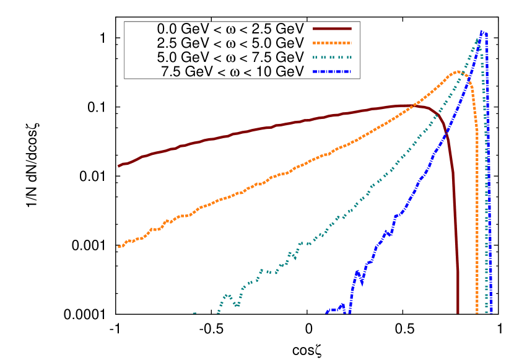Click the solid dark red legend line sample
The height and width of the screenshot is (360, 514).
(x=332, y=29)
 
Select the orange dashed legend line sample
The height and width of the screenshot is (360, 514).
(x=332, y=43)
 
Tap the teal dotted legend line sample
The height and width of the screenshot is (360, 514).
(x=332, y=58)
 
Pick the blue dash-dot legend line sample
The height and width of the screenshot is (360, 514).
(x=332, y=72)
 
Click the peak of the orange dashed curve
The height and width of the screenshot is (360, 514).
(x=458, y=72)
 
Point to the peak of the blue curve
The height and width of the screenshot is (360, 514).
(x=482, y=31)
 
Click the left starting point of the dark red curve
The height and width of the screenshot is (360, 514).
(x=119, y=166)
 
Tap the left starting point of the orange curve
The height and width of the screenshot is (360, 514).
(x=119, y=247)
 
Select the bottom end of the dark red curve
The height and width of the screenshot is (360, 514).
(x=458, y=312)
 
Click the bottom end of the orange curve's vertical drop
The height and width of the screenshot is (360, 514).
(x=477, y=312)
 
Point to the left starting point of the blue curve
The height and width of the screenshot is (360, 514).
(x=326, y=313)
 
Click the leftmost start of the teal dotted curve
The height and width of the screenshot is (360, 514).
(x=194, y=313)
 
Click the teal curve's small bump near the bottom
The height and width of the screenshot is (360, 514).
(x=227, y=296)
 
